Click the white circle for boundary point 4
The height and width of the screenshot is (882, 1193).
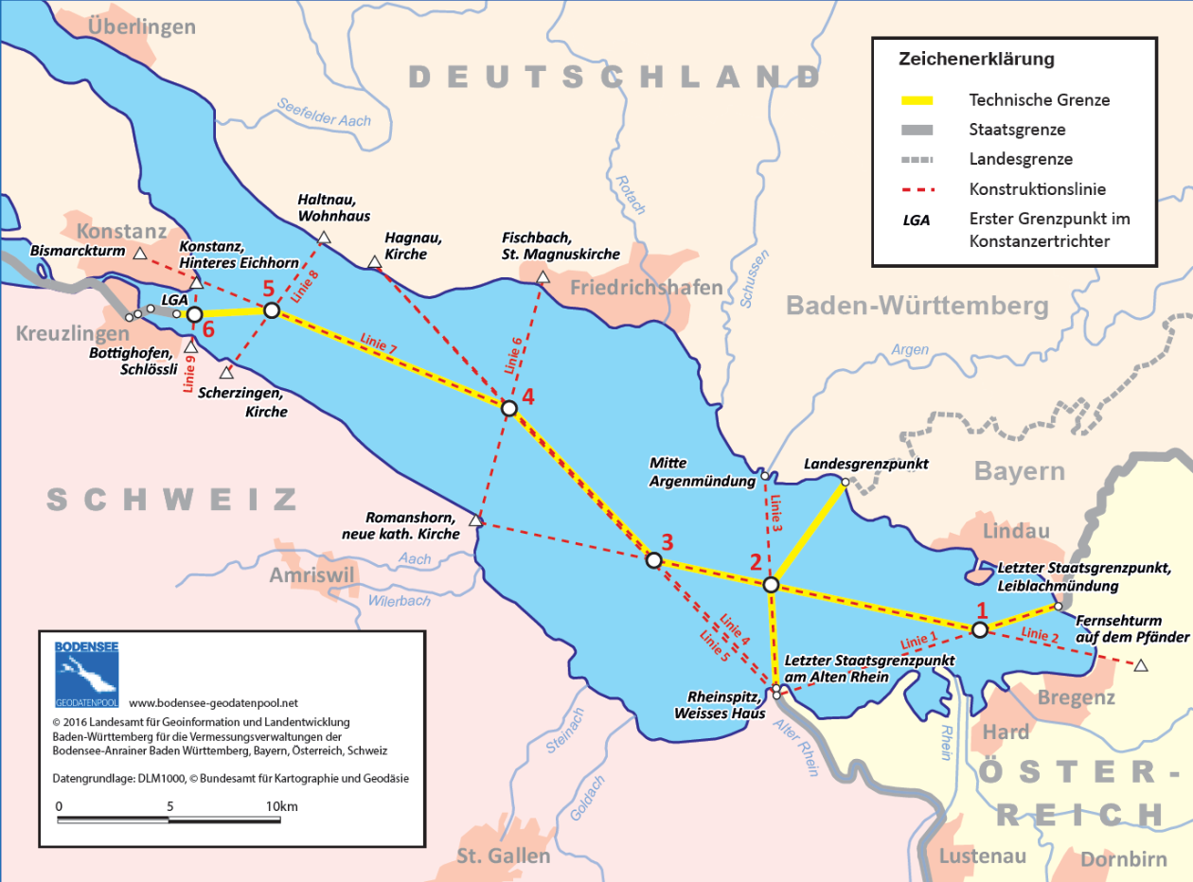click(x=508, y=408)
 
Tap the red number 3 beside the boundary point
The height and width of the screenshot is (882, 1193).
click(x=667, y=542)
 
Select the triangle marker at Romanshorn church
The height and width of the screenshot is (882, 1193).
click(x=476, y=520)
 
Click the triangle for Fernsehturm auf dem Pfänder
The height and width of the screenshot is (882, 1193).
click(x=1141, y=666)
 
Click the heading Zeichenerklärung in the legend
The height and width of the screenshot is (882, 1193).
click(x=976, y=60)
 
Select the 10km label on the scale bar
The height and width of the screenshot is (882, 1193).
click(x=282, y=806)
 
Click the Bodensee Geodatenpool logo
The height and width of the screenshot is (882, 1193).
click(x=86, y=675)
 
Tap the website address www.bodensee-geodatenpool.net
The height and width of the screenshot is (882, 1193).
click(x=213, y=702)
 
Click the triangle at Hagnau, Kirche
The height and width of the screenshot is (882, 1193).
click(x=375, y=261)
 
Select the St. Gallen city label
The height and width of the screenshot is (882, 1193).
click(x=503, y=856)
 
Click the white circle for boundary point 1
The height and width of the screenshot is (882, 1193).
click(x=980, y=628)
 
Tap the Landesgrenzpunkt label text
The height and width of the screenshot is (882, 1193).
click(x=865, y=465)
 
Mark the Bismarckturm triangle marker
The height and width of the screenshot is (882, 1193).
click(x=140, y=254)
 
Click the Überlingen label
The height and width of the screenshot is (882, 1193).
click(x=141, y=26)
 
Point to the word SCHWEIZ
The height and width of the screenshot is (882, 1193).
click(x=171, y=499)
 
